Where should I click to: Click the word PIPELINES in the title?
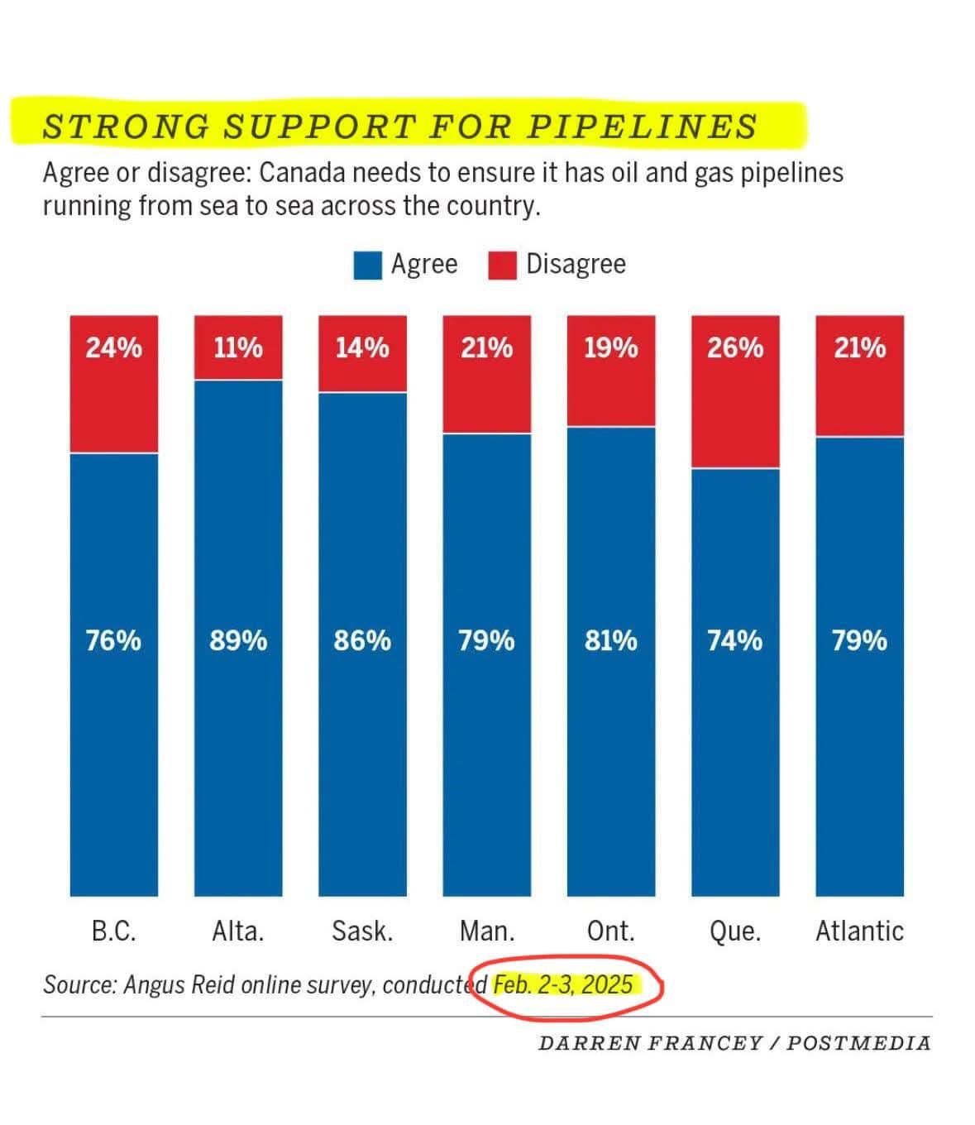pos(642,127)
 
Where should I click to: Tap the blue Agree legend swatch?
pos(367,266)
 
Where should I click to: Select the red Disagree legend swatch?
pos(502,266)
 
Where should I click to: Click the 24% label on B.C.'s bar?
pos(113,347)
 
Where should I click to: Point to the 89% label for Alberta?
pos(238,640)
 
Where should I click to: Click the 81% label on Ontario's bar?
pos(611,640)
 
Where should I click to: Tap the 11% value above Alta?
pos(238,347)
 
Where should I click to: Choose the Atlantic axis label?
pos(859,931)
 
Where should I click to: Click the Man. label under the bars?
pos(487,931)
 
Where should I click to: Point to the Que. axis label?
pos(735,931)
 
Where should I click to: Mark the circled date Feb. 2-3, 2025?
pos(563,985)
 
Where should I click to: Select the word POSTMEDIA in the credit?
pos(858,1043)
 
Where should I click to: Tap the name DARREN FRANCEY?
pos(650,1043)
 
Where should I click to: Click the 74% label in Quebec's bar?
pos(735,640)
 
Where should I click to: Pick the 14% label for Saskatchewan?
pos(362,347)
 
